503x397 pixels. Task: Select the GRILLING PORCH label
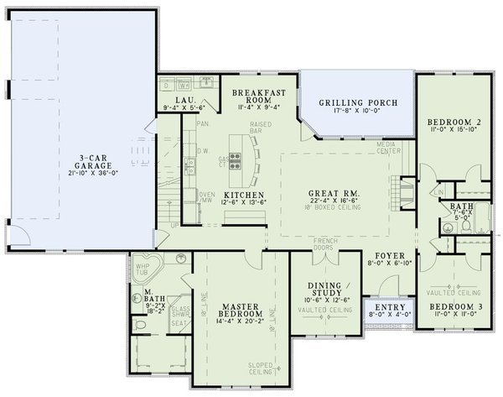coord(358,103)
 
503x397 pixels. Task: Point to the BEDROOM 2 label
coord(454,119)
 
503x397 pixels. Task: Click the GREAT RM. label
coord(335,192)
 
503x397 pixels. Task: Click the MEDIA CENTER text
coord(389,148)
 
